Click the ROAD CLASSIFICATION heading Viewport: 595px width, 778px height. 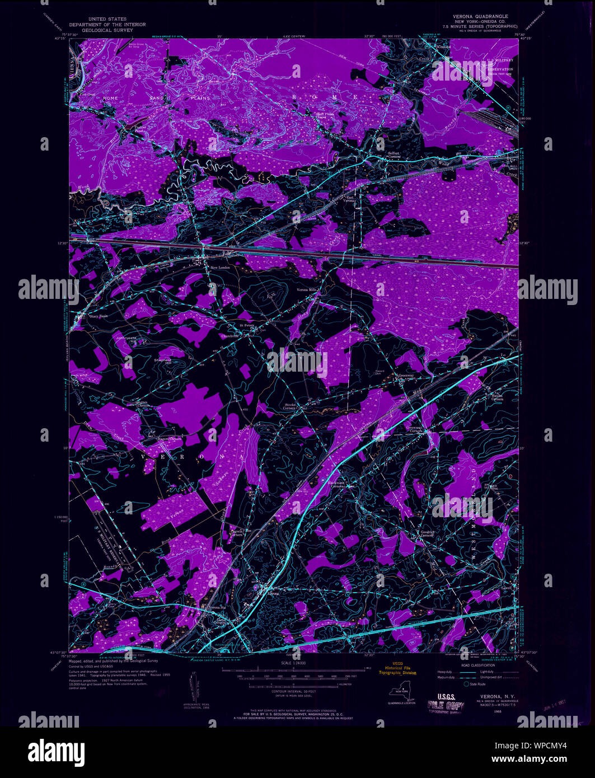point(479,665)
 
